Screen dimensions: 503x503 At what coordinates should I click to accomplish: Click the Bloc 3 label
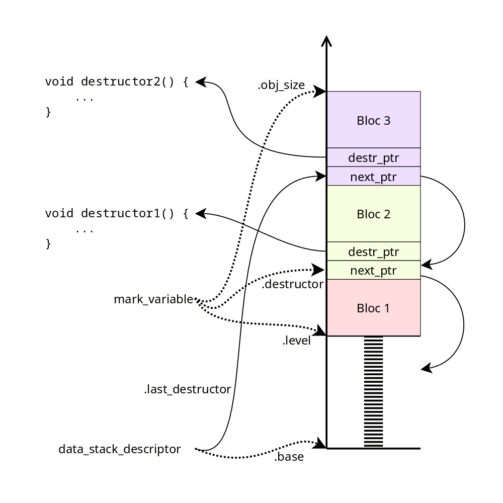[x=373, y=121]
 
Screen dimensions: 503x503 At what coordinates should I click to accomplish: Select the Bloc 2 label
[x=373, y=214]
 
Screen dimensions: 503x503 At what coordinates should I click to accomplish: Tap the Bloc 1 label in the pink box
[x=373, y=308]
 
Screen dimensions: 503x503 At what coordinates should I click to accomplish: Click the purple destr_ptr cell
[x=373, y=158]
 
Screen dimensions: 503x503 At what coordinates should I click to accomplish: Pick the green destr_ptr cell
[x=373, y=251]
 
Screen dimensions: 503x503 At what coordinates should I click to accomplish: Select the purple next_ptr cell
[x=373, y=177]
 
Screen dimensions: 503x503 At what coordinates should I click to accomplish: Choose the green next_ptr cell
[x=373, y=271]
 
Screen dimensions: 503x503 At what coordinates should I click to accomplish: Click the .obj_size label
[x=281, y=86]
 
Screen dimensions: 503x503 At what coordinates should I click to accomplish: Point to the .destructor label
[x=293, y=285]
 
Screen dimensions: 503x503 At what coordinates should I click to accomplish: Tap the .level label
[x=296, y=341]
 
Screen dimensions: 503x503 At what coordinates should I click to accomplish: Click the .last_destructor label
[x=187, y=389]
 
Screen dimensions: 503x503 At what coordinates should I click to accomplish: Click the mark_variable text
[x=153, y=300]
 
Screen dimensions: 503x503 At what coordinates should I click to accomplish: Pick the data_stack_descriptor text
[x=120, y=449]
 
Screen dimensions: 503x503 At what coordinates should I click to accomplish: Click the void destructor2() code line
[x=117, y=81]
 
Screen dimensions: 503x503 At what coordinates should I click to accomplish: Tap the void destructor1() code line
[x=117, y=213]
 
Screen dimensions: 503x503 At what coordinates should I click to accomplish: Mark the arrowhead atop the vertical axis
[x=327, y=41]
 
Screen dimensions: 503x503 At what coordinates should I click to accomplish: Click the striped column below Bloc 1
[x=373, y=392]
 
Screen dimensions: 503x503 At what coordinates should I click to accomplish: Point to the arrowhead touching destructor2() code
[x=201, y=82]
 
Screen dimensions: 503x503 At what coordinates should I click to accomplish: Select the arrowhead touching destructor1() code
[x=201, y=214]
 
